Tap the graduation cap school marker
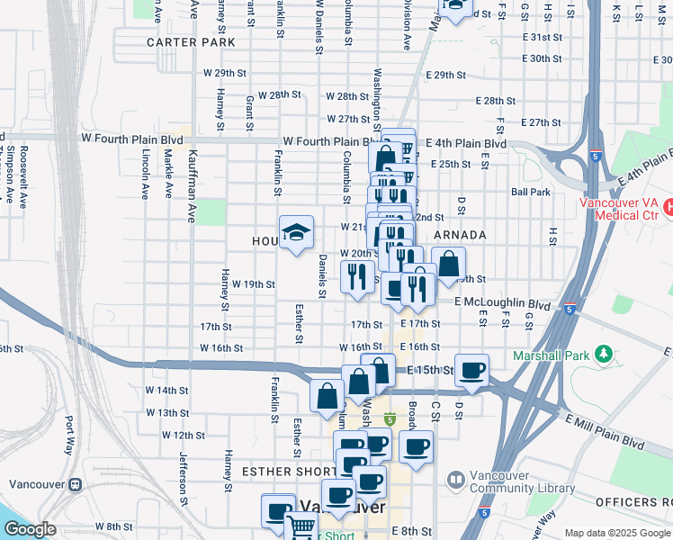[x=296, y=233]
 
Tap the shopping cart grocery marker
[x=301, y=526]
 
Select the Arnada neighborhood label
[x=460, y=235]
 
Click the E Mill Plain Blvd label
[x=605, y=431]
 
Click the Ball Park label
[x=530, y=192]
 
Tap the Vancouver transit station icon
[x=75, y=483]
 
